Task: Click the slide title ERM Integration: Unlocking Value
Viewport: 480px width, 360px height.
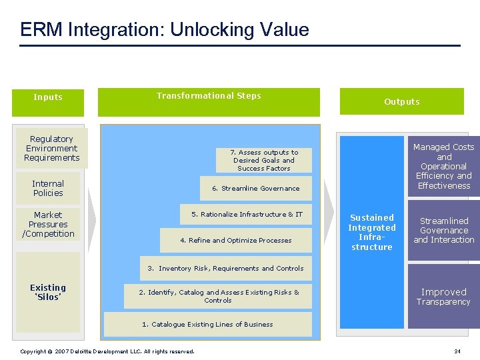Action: point(165,30)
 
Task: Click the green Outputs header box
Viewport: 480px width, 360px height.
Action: point(401,101)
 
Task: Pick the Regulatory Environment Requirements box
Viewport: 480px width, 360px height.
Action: point(51,148)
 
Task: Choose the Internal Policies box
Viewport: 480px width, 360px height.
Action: point(48,188)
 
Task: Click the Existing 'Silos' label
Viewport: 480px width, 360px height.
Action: point(48,292)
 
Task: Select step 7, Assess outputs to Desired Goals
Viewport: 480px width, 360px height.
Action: point(264,160)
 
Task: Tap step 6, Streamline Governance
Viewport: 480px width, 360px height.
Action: point(256,188)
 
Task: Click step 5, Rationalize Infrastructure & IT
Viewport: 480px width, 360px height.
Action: point(247,214)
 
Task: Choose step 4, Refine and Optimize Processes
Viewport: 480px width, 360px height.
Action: point(236,240)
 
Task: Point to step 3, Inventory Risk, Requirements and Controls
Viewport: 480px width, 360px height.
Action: point(225,268)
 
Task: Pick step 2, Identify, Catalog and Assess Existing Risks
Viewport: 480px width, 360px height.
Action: point(218,296)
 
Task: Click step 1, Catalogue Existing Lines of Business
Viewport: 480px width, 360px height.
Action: point(207,324)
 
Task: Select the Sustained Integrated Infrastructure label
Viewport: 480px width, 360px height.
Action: point(372,232)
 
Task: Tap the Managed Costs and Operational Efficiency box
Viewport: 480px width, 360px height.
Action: point(443,166)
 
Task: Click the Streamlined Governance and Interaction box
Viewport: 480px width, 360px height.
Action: point(443,230)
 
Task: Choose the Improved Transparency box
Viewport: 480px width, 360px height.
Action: point(443,296)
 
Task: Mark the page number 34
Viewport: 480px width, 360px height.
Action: point(457,351)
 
